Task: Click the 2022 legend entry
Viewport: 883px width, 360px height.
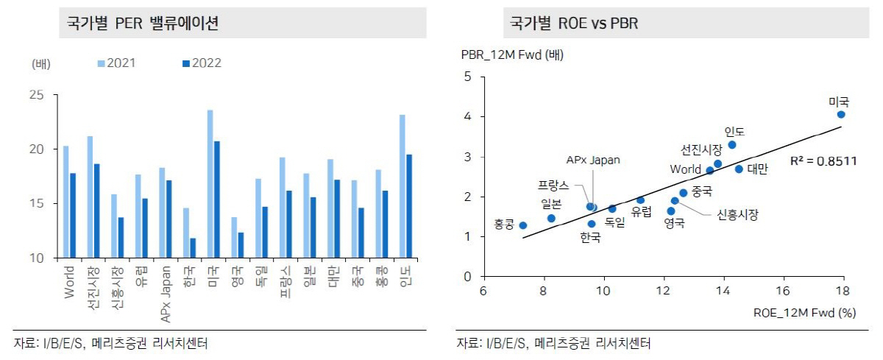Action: (202, 63)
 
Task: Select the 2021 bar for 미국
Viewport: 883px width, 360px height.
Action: (210, 184)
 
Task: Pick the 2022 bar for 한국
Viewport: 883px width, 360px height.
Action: (193, 247)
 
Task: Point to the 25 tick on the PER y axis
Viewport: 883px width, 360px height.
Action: (38, 95)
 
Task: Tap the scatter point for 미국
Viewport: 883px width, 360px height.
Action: (841, 114)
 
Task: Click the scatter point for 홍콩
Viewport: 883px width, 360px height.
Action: (522, 225)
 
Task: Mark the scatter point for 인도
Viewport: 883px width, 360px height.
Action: (732, 145)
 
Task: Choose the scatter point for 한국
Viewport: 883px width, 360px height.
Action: (592, 224)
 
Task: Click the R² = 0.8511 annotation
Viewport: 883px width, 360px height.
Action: (823, 160)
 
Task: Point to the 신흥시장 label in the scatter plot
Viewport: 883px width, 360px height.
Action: (737, 214)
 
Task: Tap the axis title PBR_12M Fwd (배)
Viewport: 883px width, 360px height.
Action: (512, 54)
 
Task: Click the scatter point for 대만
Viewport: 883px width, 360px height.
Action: (739, 169)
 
